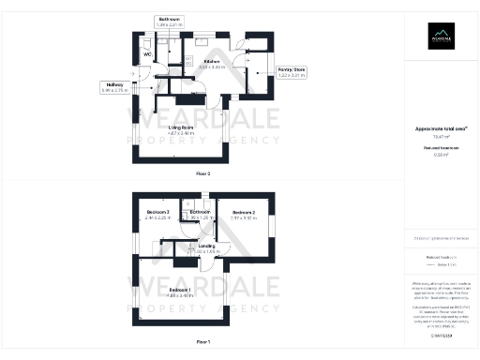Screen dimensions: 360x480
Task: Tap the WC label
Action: [147, 53]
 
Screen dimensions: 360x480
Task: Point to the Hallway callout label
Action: [114, 84]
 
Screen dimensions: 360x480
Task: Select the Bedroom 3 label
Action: [158, 212]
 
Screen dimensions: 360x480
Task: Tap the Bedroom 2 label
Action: [243, 212]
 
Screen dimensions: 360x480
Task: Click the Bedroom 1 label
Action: [181, 290]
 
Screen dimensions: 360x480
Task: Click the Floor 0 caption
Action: [203, 173]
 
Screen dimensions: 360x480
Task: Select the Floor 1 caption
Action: [203, 341]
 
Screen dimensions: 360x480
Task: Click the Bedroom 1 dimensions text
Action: [181, 295]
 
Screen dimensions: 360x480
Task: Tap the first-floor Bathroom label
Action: [200, 212]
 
